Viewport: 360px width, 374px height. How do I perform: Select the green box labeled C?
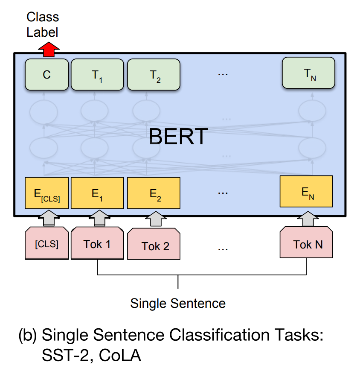click(x=47, y=75)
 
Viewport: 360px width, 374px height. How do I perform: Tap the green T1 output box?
click(x=97, y=75)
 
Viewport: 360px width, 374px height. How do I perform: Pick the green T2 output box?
click(x=154, y=75)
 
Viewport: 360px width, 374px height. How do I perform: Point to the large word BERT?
click(x=178, y=137)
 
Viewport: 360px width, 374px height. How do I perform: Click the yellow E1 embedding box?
click(x=97, y=193)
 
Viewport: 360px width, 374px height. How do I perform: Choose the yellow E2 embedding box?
click(x=154, y=193)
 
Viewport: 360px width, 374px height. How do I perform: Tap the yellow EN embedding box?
click(x=306, y=192)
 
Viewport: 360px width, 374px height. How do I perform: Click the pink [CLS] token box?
click(x=47, y=244)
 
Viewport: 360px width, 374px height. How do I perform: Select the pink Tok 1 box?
click(x=97, y=244)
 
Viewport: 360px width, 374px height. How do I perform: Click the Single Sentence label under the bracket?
click(x=178, y=304)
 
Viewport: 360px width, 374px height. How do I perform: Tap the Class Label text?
click(x=43, y=24)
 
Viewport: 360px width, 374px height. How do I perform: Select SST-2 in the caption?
click(x=67, y=355)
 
